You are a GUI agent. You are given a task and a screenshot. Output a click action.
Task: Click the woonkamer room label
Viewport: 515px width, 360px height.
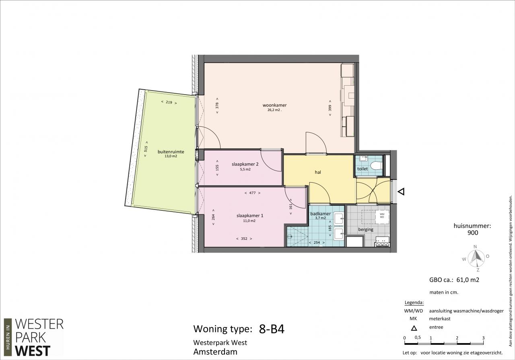tap(274, 105)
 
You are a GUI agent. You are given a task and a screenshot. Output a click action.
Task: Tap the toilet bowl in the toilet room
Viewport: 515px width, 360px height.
tap(376, 165)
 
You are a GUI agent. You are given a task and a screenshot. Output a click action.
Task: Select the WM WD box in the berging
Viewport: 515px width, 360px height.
tap(382, 216)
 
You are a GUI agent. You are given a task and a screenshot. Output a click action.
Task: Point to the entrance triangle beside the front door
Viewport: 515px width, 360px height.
tap(401, 191)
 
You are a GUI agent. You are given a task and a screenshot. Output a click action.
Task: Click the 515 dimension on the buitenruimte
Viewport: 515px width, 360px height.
tap(146, 149)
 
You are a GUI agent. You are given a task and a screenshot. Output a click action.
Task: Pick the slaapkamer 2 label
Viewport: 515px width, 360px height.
tap(245, 164)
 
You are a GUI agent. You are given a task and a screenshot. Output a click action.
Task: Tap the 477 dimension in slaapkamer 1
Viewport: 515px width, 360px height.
tap(252, 193)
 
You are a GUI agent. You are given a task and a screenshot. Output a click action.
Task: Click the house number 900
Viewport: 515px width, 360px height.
tap(473, 232)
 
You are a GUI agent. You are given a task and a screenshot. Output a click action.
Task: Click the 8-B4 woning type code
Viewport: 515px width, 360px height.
tap(272, 329)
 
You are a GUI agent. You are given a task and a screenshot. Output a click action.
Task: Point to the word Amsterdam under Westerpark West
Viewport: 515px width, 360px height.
tap(215, 352)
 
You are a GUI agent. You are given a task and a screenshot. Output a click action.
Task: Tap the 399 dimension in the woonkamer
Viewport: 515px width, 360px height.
tap(330, 108)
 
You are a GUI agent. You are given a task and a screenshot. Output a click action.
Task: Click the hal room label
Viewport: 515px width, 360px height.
tap(318, 172)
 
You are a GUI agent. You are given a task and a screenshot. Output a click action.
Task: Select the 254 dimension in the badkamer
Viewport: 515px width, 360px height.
tap(317, 242)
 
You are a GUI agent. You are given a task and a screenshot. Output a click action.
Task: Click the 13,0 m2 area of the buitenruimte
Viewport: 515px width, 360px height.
tap(171, 156)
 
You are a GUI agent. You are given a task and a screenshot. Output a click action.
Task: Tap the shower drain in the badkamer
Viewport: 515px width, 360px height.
tap(290, 236)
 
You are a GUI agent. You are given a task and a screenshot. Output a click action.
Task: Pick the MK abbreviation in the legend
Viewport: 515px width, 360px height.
tap(413, 319)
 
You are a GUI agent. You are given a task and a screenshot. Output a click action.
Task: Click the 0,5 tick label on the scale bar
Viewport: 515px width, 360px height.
tap(418, 337)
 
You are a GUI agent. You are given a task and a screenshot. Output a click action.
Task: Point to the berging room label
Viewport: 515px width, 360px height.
tap(366, 229)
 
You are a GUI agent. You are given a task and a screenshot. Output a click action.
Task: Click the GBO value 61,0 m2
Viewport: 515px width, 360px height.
tap(468, 280)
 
